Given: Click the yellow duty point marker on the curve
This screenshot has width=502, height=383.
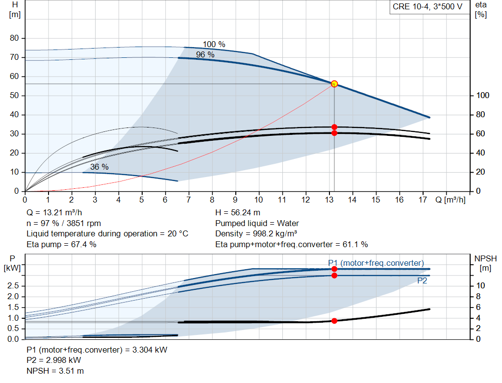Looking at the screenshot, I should (334, 84).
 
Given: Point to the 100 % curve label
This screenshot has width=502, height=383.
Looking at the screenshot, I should (214, 45).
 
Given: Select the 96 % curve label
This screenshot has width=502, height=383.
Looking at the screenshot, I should (205, 55).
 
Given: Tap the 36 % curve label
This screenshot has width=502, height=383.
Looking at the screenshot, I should (99, 167).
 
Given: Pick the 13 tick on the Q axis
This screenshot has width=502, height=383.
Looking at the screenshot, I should (329, 200).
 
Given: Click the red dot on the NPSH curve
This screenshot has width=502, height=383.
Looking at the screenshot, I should (334, 321).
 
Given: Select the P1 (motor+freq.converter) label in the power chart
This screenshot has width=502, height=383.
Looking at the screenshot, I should (376, 263).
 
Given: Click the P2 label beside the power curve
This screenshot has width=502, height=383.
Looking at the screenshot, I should (422, 281).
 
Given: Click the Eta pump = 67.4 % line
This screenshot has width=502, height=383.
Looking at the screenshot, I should (61, 244).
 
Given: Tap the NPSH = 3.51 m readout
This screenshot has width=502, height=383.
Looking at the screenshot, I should (51, 371).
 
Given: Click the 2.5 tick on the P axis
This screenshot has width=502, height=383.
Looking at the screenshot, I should (14, 285).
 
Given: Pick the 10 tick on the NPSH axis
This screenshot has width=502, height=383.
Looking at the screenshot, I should (480, 285).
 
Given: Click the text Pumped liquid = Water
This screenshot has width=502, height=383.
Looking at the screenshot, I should (257, 223).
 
